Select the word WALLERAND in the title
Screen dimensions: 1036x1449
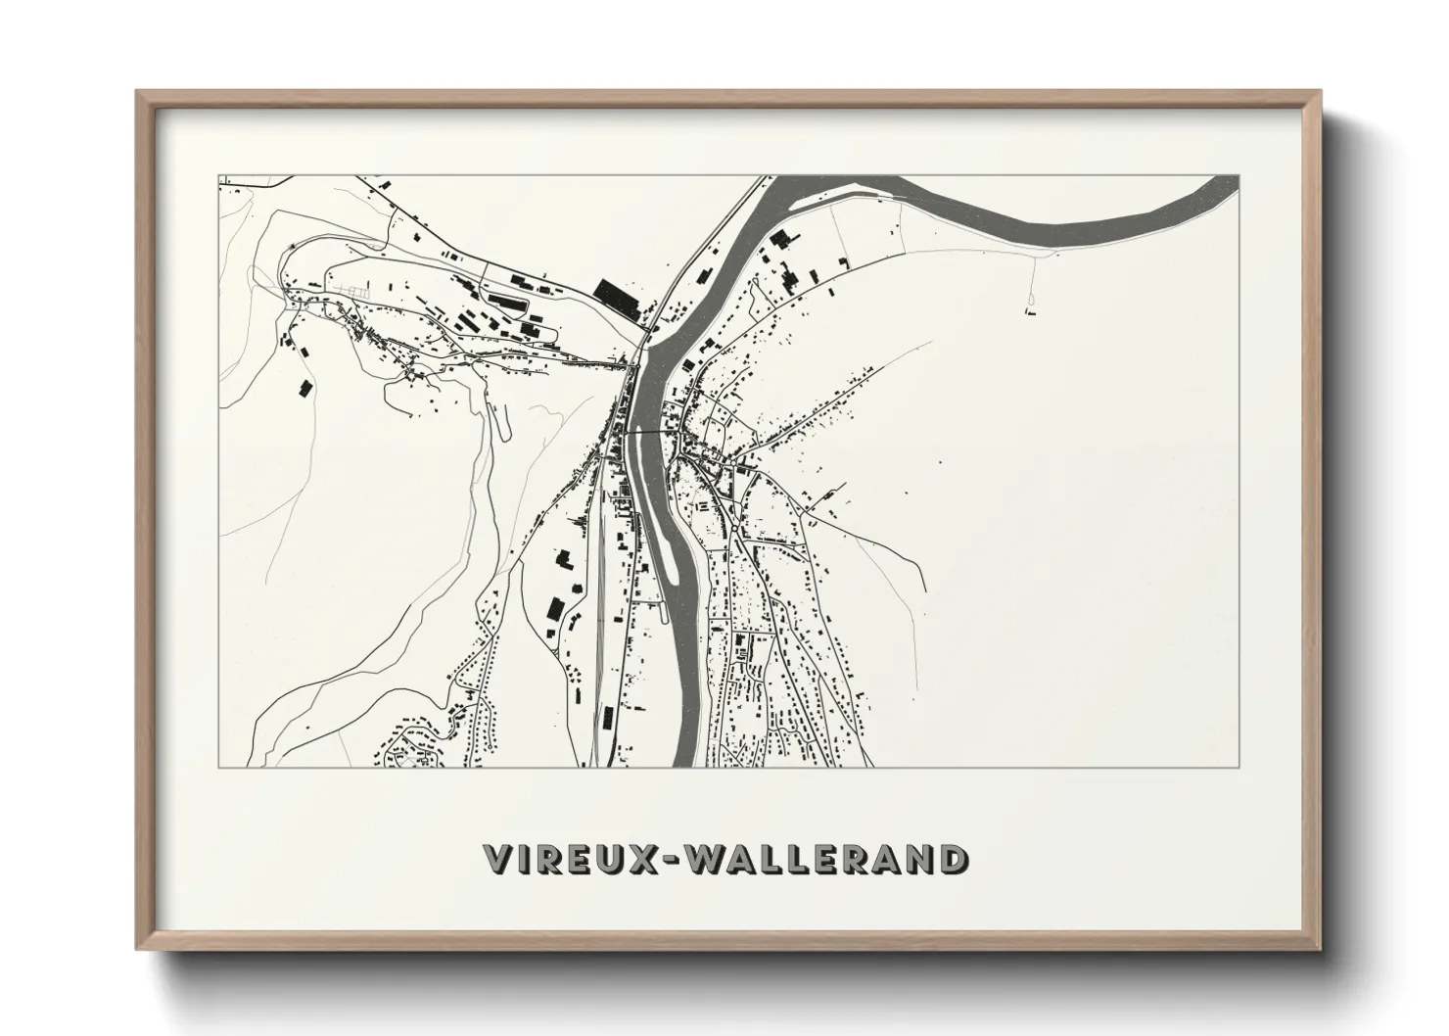click(823, 859)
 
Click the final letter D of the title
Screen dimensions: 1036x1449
click(947, 859)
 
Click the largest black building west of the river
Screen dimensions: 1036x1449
click(615, 293)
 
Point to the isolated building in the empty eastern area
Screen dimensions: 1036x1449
click(1030, 311)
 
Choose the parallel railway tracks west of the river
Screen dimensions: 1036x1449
click(593, 627)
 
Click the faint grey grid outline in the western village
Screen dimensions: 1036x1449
click(353, 291)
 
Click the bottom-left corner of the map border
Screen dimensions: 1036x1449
click(218, 767)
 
